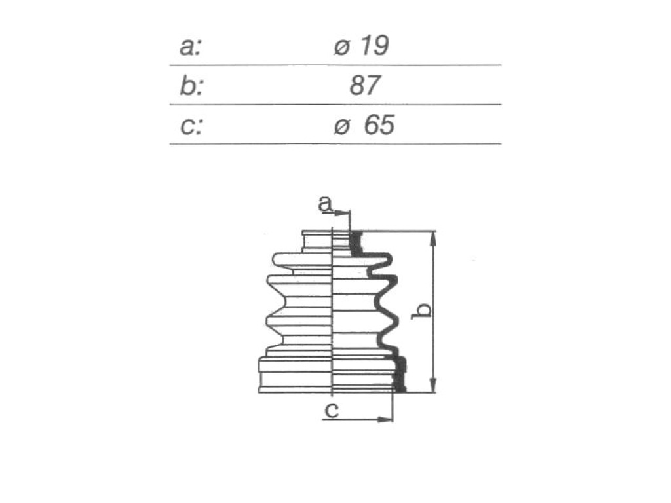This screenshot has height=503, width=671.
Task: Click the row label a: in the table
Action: pyautogui.click(x=190, y=47)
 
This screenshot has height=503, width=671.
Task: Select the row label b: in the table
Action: pyautogui.click(x=191, y=86)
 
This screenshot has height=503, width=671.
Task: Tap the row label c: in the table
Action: pyautogui.click(x=191, y=126)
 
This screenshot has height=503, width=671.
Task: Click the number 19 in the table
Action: pyautogui.click(x=375, y=45)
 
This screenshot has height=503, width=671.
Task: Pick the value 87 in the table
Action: pyautogui.click(x=364, y=85)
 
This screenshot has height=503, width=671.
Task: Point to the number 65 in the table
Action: pyautogui.click(x=379, y=125)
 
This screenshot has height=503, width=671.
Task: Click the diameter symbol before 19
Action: pyautogui.click(x=342, y=47)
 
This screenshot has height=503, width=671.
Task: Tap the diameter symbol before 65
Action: pyautogui.click(x=342, y=126)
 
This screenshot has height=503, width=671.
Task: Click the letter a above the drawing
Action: pyautogui.click(x=325, y=204)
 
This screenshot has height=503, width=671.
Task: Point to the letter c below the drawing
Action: pyautogui.click(x=332, y=411)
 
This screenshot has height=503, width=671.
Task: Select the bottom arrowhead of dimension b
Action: pyautogui.click(x=434, y=384)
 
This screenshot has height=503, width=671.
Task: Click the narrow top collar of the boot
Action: pyautogui.click(x=317, y=241)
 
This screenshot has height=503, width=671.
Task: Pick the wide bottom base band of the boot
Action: pyautogui.click(x=296, y=375)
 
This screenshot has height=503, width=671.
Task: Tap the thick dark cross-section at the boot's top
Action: pyautogui.click(x=356, y=243)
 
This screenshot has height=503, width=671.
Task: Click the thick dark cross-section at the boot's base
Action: pyautogui.click(x=400, y=374)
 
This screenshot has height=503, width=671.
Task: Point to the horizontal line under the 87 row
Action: pyautogui.click(x=335, y=104)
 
